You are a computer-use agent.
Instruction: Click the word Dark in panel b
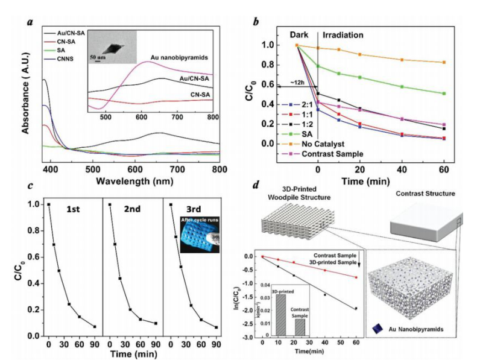pos(303,35)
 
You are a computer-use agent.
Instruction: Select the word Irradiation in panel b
pos(343,35)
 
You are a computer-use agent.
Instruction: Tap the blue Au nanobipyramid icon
pos(377,328)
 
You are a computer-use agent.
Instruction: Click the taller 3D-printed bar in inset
pos(282,314)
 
